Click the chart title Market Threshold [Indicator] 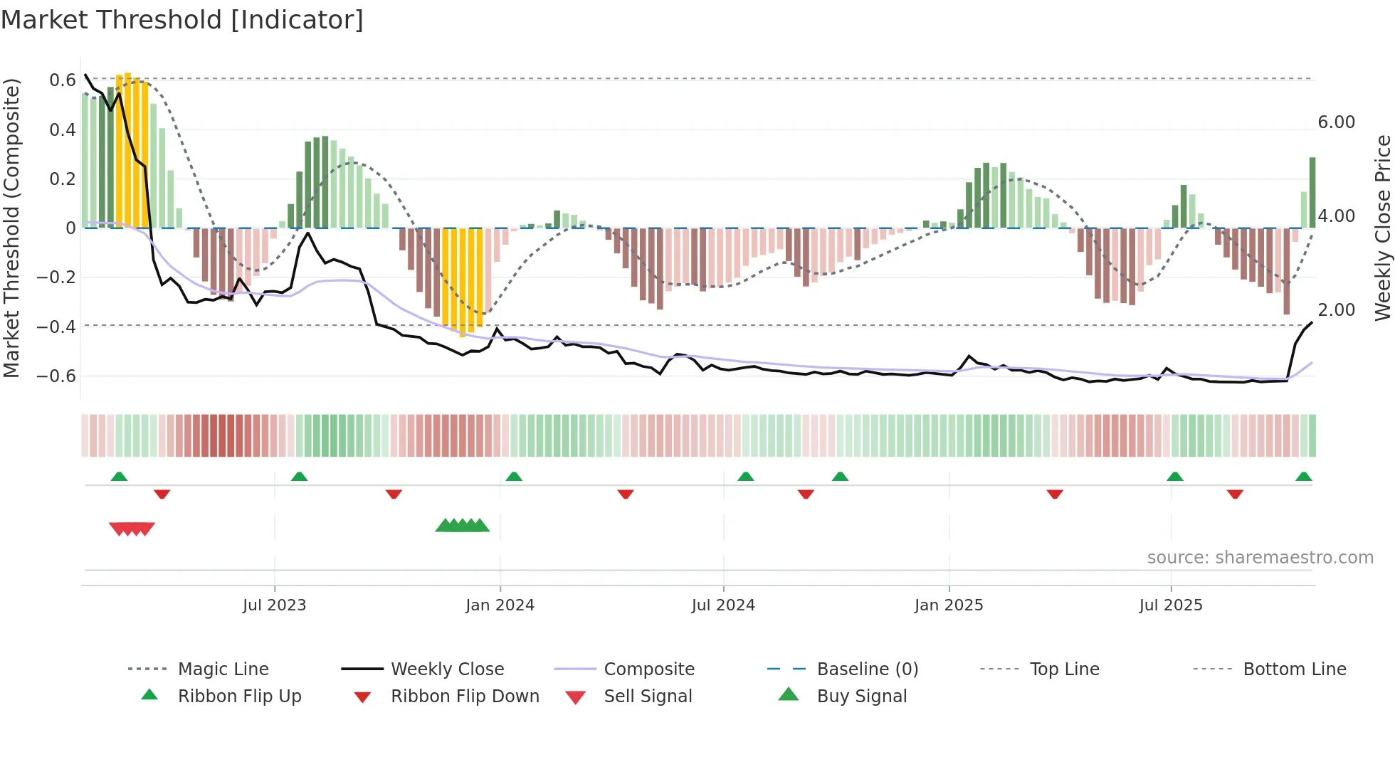182,20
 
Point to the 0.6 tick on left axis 62,80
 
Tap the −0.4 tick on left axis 56,327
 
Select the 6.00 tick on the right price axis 1336,122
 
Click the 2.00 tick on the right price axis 1336,310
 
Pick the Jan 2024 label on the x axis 500,605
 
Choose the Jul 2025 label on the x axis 1170,605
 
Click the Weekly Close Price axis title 1382,228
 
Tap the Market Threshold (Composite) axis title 12,228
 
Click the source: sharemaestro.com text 1260,558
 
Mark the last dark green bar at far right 1312,192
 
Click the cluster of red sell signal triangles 132,529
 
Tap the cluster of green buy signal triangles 463,526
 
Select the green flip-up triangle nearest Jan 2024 514,477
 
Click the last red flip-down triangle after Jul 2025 1235,494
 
